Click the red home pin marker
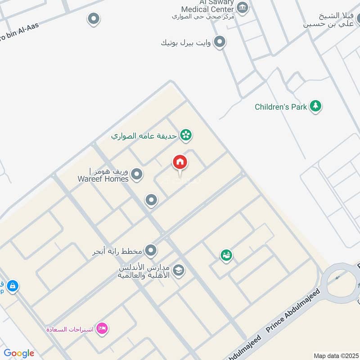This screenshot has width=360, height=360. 180,162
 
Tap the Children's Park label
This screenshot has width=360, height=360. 281,107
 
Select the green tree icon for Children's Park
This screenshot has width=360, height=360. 316,106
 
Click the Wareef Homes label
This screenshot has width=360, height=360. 103,175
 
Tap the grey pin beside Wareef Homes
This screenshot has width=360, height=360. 137,174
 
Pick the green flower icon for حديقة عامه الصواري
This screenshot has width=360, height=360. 185,135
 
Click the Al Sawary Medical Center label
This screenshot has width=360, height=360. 207,6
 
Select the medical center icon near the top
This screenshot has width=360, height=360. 243,8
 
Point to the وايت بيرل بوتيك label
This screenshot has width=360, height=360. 185,43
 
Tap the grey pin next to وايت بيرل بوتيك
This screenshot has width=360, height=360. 219,42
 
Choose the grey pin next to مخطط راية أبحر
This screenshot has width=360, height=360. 151,250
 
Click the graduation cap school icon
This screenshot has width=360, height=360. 179,271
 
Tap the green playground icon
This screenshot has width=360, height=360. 226,255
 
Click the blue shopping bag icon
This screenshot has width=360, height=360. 12,285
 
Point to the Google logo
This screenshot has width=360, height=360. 19,353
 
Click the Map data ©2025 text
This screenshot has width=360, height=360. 334,355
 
